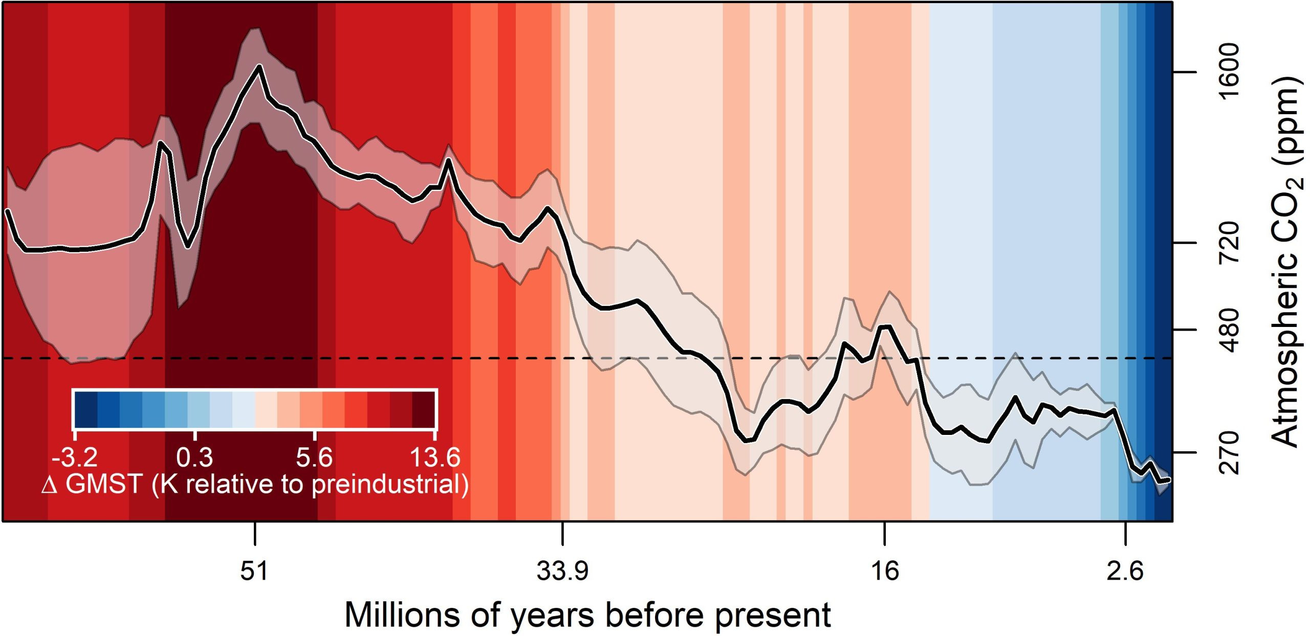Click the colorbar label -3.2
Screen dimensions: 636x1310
click(x=75, y=457)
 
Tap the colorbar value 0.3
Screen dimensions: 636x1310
click(x=194, y=457)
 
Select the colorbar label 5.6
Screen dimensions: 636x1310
click(x=314, y=457)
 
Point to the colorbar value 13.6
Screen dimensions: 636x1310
click(x=435, y=457)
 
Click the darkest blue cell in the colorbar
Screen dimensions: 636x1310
click(x=85, y=409)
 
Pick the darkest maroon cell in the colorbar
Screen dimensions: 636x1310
click(x=423, y=409)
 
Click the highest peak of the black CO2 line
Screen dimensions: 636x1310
click(x=259, y=67)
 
